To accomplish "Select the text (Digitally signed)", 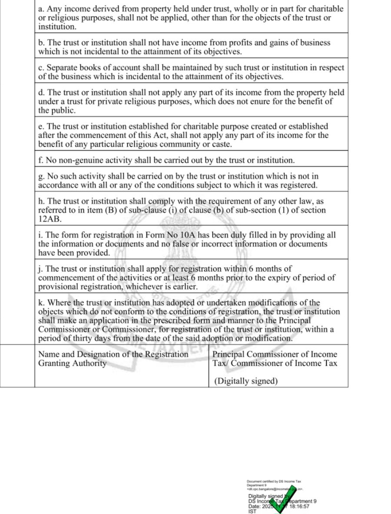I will pos(245,381).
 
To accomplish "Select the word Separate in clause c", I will pos(62,68).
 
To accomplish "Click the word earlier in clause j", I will pos(184,287).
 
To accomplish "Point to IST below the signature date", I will pos(252,511).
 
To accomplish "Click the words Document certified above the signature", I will pos(261,481).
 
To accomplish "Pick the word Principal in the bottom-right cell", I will pos(230,354).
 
